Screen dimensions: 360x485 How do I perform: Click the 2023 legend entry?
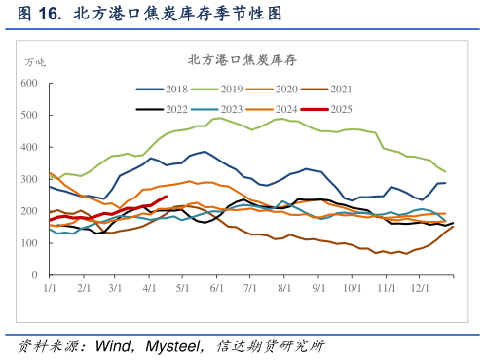tap(231, 108)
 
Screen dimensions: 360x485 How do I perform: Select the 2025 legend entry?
tap(367, 108)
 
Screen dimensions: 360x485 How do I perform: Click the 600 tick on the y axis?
tap(28, 84)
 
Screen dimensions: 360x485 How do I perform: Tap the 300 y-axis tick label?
tap(28, 179)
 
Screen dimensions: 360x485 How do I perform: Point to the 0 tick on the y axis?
tap(35, 275)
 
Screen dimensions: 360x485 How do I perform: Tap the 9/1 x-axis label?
tap(318, 289)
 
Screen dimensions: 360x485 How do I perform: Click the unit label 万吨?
tap(35, 61)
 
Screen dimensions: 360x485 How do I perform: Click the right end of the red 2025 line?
tap(167, 197)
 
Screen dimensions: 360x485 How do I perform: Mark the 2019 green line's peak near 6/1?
tap(220, 118)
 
